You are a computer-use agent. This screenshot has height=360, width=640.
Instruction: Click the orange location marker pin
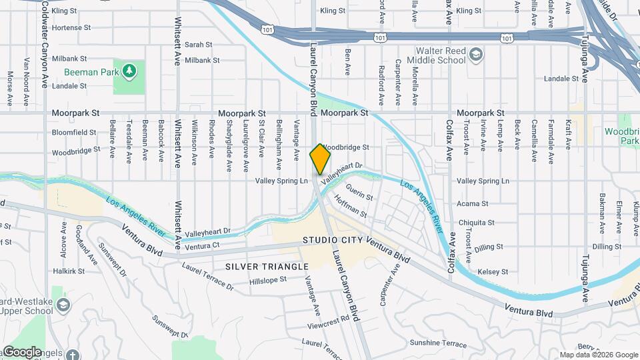coord(320,158)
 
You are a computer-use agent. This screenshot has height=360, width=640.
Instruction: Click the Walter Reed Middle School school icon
coord(476,54)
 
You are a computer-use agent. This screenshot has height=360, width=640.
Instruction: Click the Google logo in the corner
coord(22,351)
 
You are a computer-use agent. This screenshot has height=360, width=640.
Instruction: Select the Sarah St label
coord(198,45)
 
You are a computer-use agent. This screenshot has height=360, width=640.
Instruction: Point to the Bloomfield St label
coord(74,132)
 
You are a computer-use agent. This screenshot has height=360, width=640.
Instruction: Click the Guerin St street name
coord(359,197)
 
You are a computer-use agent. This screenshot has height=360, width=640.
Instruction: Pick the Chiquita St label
coord(476,223)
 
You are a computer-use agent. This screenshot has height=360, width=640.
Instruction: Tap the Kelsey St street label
coord(493,272)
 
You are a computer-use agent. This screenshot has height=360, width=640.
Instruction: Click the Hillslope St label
coord(267,281)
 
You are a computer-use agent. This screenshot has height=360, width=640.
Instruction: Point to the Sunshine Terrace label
coord(439,343)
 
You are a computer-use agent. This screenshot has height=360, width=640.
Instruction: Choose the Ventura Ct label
coord(203,247)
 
